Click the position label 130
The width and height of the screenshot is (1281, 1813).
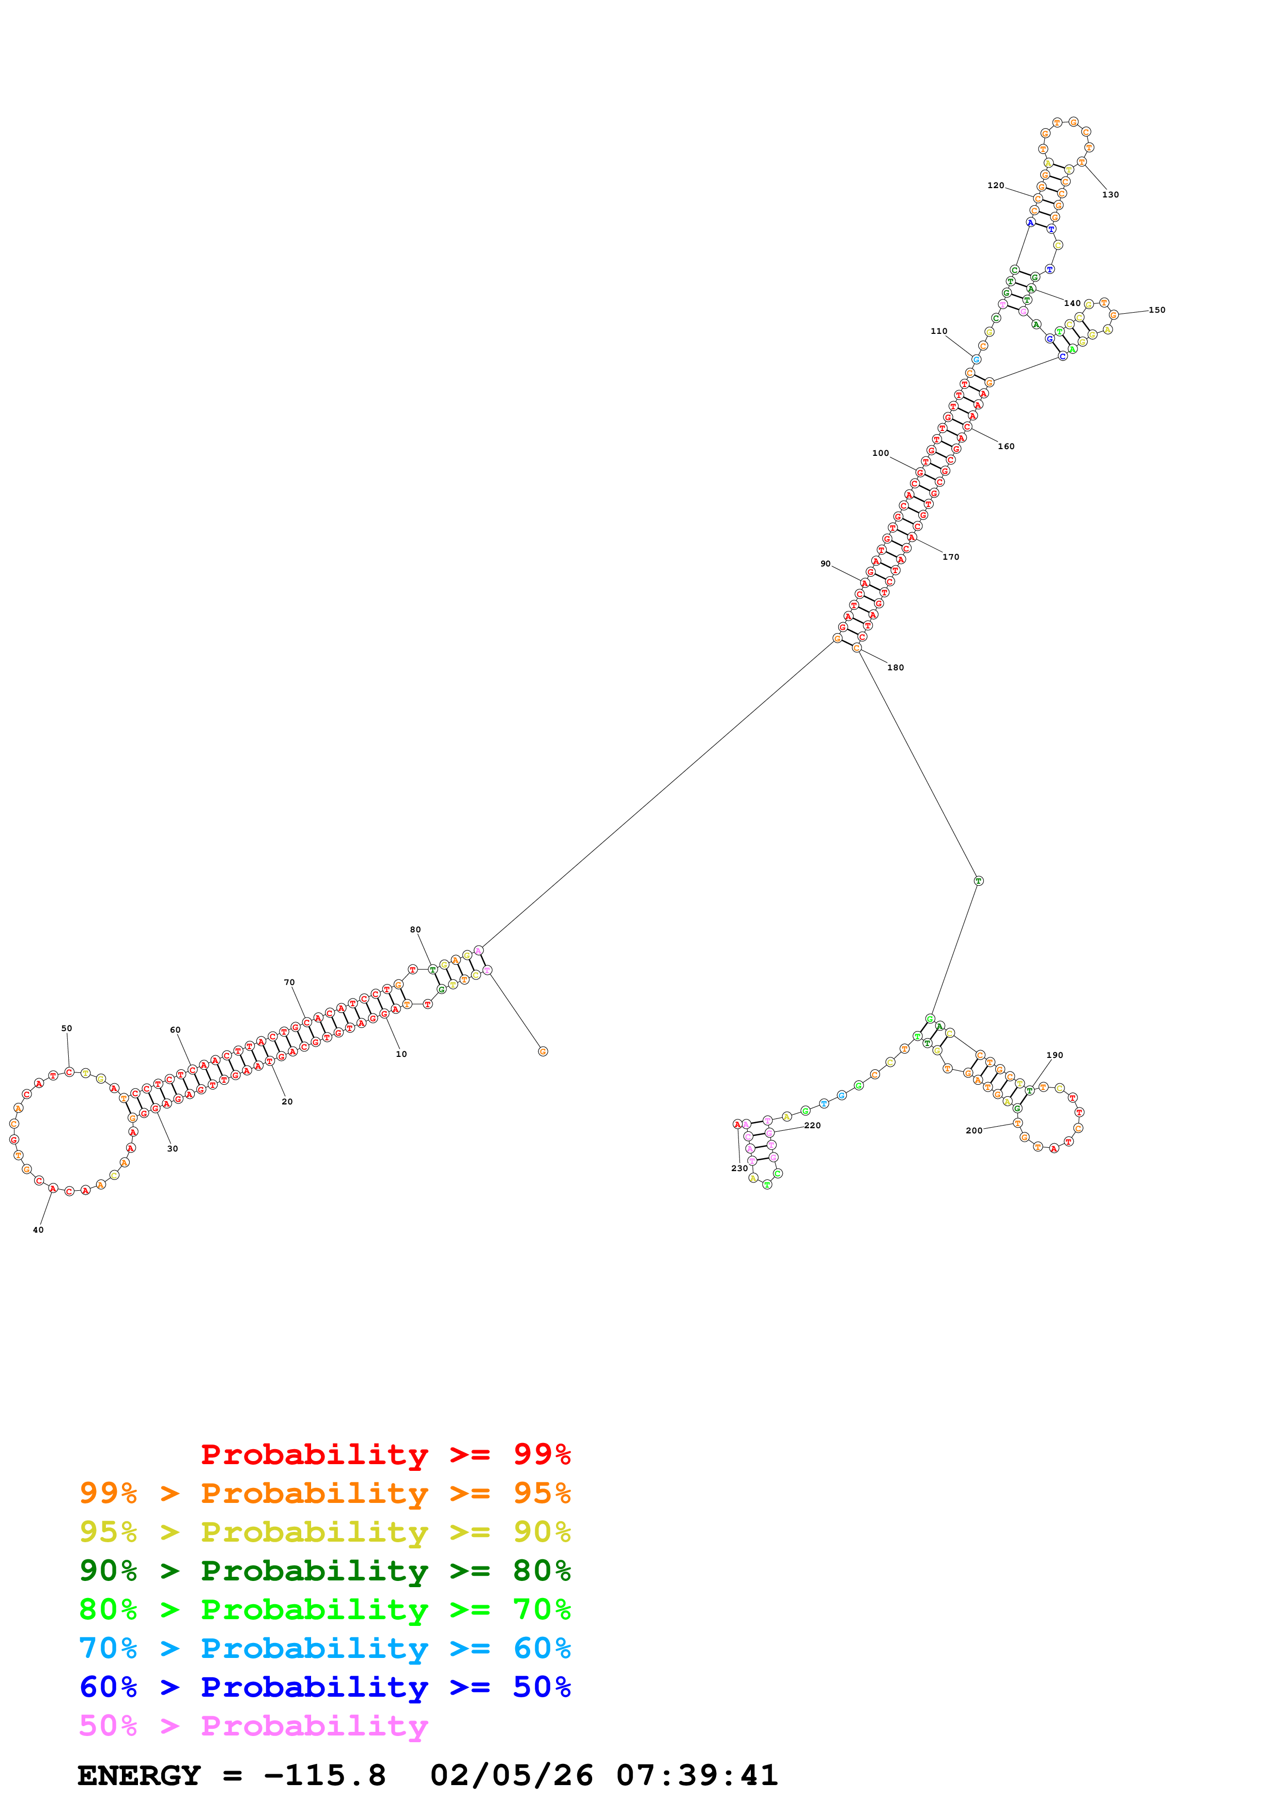(1110, 194)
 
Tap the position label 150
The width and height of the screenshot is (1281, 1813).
(1156, 310)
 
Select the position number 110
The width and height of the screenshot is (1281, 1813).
(938, 331)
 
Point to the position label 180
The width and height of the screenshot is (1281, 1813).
(895, 667)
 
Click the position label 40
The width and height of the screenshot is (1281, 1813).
(38, 1230)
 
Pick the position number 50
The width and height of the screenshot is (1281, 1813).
(66, 1028)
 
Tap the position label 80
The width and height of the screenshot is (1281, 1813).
(415, 929)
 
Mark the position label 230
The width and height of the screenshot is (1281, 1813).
(739, 1168)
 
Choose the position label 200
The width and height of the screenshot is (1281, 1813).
(974, 1130)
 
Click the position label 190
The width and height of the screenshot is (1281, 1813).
(1055, 1055)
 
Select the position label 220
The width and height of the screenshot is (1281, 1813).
(812, 1125)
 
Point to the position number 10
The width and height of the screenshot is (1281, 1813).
(401, 1053)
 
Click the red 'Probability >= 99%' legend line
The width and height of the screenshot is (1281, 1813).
(385, 1454)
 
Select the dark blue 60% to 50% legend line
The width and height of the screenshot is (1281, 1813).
(325, 1687)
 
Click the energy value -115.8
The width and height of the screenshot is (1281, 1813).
(325, 1775)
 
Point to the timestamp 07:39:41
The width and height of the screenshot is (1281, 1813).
(696, 1775)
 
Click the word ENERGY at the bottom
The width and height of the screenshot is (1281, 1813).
(139, 1775)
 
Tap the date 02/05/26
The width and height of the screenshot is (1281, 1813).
(512, 1775)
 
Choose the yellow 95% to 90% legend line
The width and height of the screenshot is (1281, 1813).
(325, 1532)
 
